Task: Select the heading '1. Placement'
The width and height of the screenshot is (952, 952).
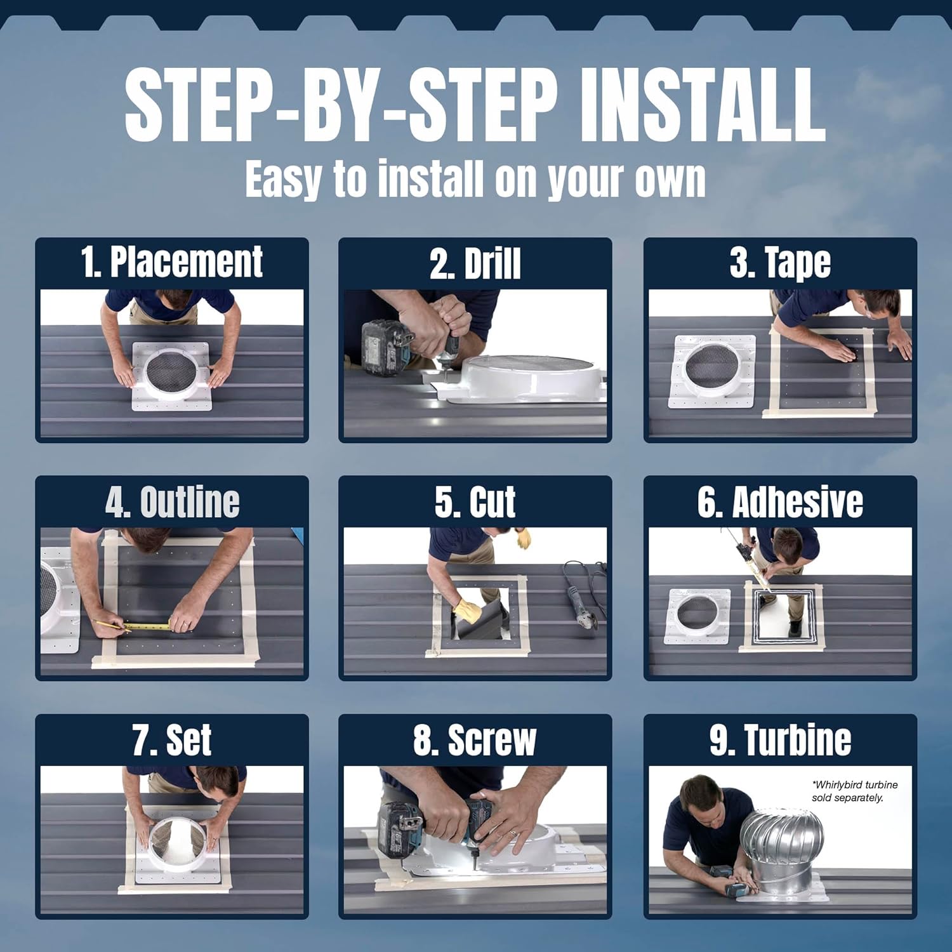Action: pos(171,261)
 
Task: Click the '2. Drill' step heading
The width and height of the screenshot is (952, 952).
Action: pos(475,263)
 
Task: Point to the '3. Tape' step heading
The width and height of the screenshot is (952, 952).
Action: pos(780,263)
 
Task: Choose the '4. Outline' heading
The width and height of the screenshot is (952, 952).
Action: pos(172,502)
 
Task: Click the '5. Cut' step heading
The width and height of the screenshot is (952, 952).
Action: pos(475,502)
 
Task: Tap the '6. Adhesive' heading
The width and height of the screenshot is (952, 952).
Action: pos(780,502)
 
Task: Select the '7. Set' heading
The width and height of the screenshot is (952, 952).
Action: pos(171,740)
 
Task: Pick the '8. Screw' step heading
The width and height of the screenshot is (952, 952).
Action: pos(475,740)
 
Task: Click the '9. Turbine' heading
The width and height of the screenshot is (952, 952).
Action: pos(780,740)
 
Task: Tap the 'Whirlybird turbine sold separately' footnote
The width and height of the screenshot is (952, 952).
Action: pos(854,791)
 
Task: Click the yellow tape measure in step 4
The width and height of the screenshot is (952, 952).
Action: pos(146,626)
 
